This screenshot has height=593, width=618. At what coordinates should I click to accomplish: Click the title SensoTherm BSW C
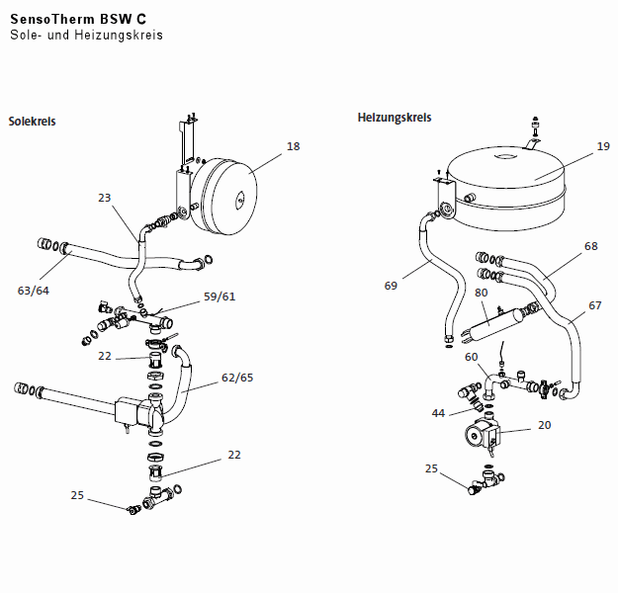click(78, 17)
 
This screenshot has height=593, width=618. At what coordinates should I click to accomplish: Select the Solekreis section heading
click(32, 122)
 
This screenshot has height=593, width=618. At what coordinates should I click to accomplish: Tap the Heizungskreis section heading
click(395, 118)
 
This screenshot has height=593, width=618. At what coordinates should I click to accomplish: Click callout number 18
click(293, 146)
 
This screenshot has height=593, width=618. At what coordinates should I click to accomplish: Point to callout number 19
click(603, 146)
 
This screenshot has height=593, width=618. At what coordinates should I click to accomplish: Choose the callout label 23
click(105, 198)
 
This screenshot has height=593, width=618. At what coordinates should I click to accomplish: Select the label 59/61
click(220, 296)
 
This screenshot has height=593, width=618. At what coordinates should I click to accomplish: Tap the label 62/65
click(236, 377)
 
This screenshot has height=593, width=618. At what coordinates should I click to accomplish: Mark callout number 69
click(392, 286)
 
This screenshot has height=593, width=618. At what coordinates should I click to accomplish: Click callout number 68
click(591, 245)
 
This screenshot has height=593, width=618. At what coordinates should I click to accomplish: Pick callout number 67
click(594, 305)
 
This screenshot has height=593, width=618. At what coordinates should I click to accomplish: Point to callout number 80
click(482, 292)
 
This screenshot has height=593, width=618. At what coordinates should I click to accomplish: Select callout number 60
click(471, 357)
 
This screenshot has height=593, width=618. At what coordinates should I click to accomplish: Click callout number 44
click(438, 412)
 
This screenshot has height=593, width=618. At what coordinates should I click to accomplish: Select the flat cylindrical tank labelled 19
click(506, 177)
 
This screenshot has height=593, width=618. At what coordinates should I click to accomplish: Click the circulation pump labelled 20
click(484, 435)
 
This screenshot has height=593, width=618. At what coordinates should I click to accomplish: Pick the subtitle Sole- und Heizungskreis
click(86, 35)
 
